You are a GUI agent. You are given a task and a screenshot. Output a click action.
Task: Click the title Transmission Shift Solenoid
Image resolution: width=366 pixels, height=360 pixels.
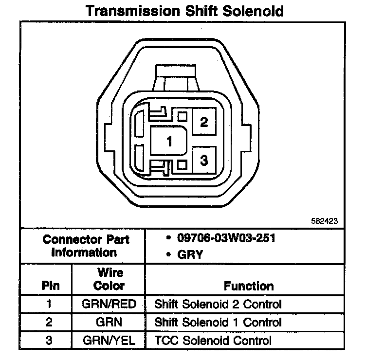pyautogui.click(x=184, y=11)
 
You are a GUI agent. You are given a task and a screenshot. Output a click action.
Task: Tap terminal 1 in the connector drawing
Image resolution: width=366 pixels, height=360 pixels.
pyautogui.click(x=169, y=142)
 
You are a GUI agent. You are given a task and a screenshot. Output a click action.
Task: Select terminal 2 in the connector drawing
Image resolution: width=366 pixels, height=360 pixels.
pyautogui.click(x=204, y=122)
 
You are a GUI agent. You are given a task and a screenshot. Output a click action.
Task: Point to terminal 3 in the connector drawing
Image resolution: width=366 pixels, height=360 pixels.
pyautogui.click(x=204, y=160)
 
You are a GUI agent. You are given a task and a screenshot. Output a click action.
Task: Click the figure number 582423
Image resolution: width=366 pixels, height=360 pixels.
pyautogui.click(x=324, y=220)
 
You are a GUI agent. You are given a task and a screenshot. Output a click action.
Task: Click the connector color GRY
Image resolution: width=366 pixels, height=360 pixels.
pyautogui.click(x=190, y=254)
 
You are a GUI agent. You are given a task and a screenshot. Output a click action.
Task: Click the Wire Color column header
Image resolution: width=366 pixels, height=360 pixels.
pyautogui.click(x=109, y=279)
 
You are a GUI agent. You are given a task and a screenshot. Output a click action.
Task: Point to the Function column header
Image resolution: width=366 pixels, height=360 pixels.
pyautogui.click(x=249, y=286)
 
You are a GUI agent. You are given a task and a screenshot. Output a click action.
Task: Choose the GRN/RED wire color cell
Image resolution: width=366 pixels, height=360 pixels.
pyautogui.click(x=109, y=305)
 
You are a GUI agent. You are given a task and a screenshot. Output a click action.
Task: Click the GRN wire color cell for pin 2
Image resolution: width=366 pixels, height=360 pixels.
pyautogui.click(x=109, y=322)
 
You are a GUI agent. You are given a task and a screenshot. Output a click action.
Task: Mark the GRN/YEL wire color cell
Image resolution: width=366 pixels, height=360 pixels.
pyautogui.click(x=109, y=340)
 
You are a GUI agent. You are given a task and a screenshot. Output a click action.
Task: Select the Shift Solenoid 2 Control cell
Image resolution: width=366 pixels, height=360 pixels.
pyautogui.click(x=218, y=305)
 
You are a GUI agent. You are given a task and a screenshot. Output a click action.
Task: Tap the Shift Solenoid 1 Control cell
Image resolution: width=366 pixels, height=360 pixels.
pyautogui.click(x=218, y=322)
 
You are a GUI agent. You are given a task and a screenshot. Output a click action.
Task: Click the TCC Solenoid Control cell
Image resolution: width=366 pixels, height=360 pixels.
pyautogui.click(x=213, y=340)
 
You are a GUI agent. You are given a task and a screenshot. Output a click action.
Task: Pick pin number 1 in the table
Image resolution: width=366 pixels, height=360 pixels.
pyautogui.click(x=49, y=305)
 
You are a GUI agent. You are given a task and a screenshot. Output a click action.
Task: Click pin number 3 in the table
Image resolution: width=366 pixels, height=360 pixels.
pyautogui.click(x=49, y=340)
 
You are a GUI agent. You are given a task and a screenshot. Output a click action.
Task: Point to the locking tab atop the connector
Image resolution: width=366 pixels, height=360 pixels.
pyautogui.click(x=176, y=76)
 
